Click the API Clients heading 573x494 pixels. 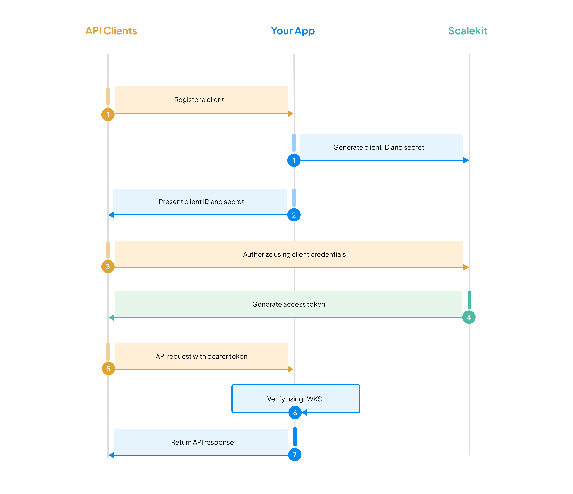(111, 31)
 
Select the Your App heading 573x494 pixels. (293, 31)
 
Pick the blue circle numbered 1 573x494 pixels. (294, 160)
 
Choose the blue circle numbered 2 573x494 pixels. (294, 215)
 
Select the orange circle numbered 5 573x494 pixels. (108, 369)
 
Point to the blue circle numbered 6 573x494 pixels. (295, 413)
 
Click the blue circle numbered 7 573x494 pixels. (295, 455)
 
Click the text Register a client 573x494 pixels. (199, 100)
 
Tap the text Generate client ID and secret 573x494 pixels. (378, 147)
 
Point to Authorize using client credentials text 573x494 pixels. (294, 254)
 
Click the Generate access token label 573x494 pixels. (288, 304)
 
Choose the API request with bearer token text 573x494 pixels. (201, 356)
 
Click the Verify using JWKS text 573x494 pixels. (294, 399)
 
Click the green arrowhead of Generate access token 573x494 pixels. (111, 318)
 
